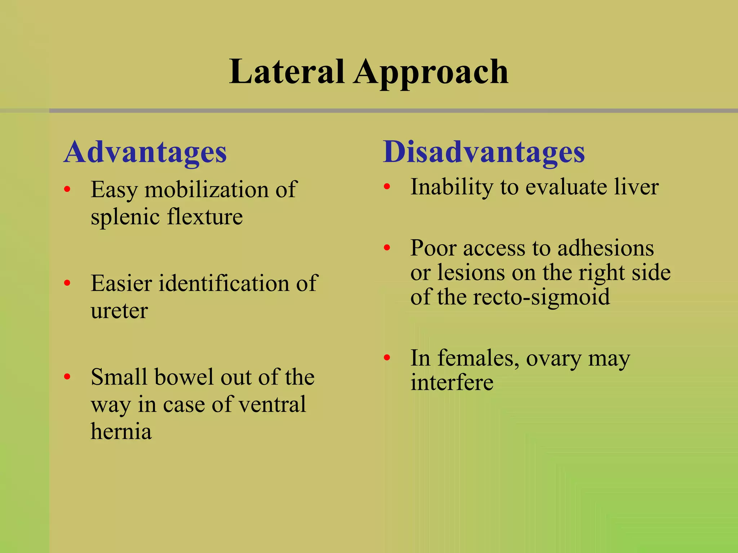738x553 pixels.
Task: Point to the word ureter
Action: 119,311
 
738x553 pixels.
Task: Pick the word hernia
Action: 121,431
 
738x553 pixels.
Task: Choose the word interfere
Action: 452,382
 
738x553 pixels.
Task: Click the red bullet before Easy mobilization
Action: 67,189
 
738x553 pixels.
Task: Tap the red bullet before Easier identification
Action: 67,283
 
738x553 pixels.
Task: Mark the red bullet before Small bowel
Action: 67,377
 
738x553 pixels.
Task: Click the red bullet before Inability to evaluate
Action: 387,186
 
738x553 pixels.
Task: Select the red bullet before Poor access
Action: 387,248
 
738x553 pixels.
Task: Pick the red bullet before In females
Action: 387,358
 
